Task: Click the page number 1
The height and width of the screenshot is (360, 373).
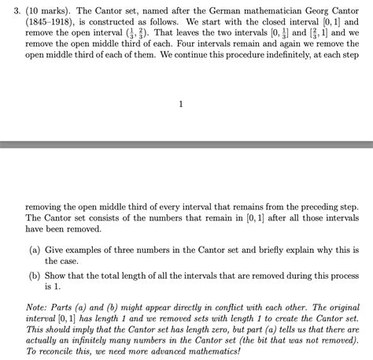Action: coord(182,104)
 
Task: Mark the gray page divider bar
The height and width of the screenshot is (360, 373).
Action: coord(186,145)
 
